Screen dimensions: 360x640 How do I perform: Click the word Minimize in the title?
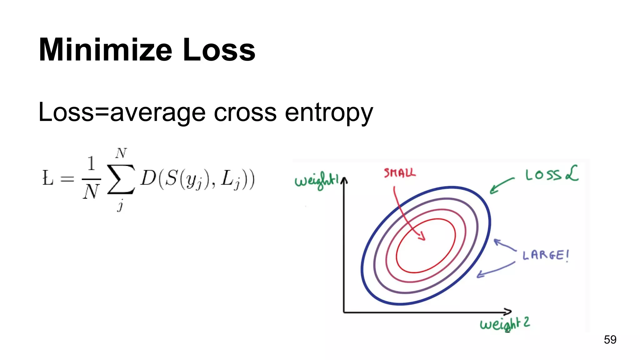point(105,50)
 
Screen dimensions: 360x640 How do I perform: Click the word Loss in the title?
point(219,50)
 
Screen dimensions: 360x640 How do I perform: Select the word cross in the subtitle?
point(245,112)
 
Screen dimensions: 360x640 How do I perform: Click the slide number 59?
point(610,340)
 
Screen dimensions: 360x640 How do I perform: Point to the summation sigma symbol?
point(121,179)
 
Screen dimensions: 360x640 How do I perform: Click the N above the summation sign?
point(121,153)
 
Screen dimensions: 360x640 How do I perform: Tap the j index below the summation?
point(120,206)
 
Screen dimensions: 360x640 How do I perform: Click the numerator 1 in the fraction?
point(91,163)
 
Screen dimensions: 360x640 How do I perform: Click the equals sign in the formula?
point(67,179)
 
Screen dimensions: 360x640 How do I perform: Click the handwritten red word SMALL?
point(400,173)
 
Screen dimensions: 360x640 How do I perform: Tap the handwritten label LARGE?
point(546,255)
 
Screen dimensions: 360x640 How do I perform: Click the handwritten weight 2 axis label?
point(505,324)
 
